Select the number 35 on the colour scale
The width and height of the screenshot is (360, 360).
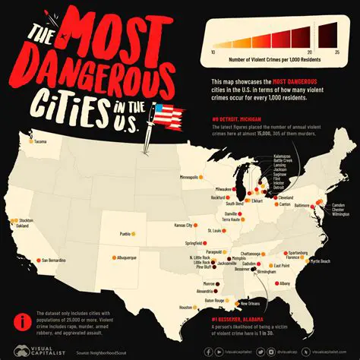click(x=335, y=51)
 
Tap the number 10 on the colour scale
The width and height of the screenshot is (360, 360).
click(x=212, y=51)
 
